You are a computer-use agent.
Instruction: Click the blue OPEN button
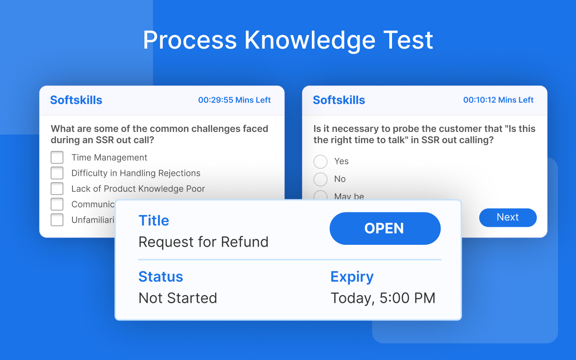tap(385, 229)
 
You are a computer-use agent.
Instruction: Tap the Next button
tap(508, 217)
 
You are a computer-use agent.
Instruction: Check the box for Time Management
tap(57, 157)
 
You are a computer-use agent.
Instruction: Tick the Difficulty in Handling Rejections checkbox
tap(57, 173)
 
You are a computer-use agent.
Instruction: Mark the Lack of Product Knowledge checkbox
tap(57, 189)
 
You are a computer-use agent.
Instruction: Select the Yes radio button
tap(320, 162)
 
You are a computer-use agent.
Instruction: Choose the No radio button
tap(320, 179)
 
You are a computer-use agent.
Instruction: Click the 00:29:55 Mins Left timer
tap(234, 100)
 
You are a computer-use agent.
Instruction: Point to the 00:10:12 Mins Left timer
tap(498, 100)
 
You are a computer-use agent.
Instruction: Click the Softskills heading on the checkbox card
tap(76, 100)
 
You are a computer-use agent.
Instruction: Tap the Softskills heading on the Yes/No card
tap(339, 100)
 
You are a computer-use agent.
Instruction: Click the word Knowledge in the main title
tap(310, 40)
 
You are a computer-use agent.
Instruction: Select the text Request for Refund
tap(203, 242)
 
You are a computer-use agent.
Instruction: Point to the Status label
tap(161, 276)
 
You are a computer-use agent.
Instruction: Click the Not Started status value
tap(178, 298)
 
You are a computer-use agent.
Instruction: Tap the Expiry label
tap(352, 277)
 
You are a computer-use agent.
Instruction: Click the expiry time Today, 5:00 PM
tap(383, 298)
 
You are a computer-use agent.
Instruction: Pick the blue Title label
tap(154, 220)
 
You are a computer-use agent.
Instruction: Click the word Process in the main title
tap(190, 40)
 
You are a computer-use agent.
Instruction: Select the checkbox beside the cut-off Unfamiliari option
tap(57, 220)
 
